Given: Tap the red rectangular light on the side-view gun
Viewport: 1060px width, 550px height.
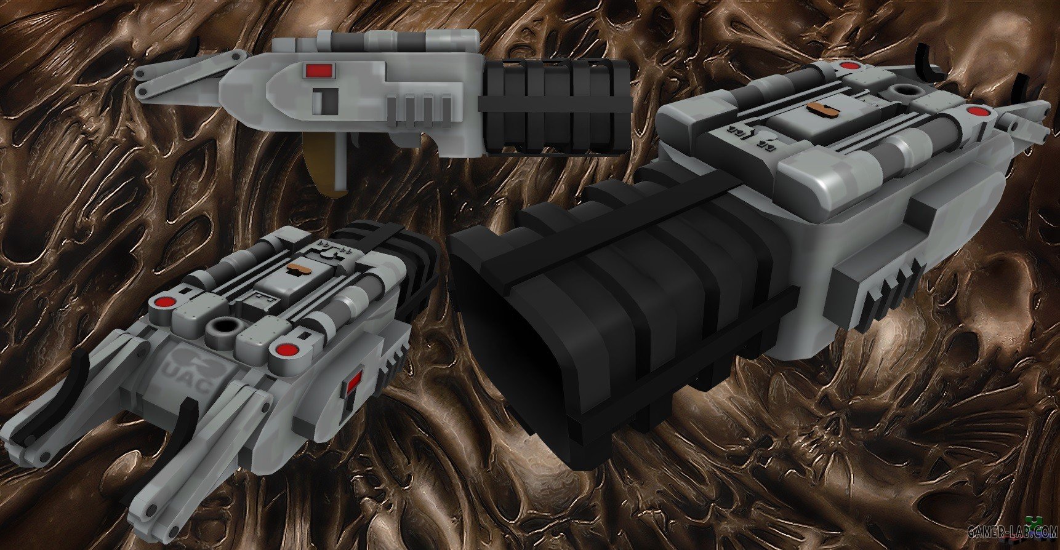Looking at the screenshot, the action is coord(316,71).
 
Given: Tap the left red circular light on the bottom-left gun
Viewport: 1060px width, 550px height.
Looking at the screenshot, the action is coord(164,303).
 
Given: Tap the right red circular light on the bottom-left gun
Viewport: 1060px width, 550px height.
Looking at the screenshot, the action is coord(284,350).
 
